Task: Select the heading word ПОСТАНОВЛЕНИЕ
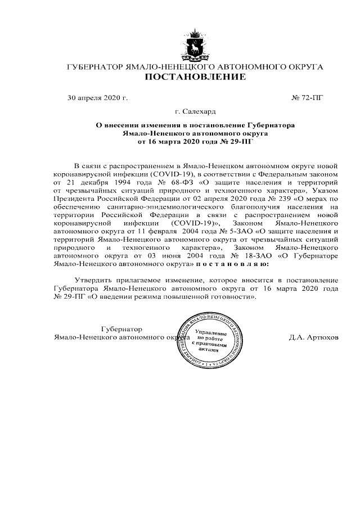196,78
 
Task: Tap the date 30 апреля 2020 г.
97,98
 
